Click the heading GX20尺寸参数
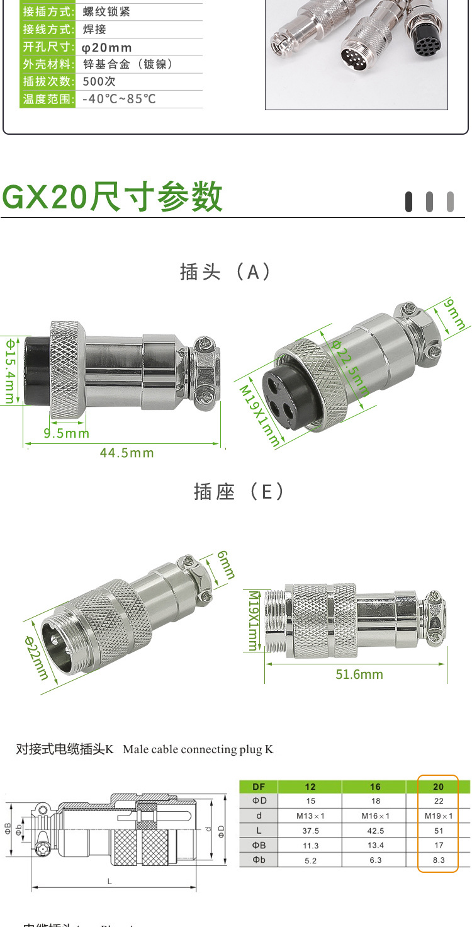point(113,196)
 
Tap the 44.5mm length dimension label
point(126,453)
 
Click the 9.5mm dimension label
point(66,433)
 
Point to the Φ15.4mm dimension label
point(11,371)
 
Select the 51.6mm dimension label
point(359,674)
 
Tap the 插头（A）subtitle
point(225,271)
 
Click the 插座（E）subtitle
point(239,491)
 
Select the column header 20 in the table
point(438,787)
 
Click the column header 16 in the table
point(375,787)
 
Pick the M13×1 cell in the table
point(310,816)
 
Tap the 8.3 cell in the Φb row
point(438,860)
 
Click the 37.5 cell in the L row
point(310,831)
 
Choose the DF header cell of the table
point(259,787)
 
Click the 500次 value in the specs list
point(99,81)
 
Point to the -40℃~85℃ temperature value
point(119,99)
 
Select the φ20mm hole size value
point(107,47)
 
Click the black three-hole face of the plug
point(278,399)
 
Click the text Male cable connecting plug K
point(198,749)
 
